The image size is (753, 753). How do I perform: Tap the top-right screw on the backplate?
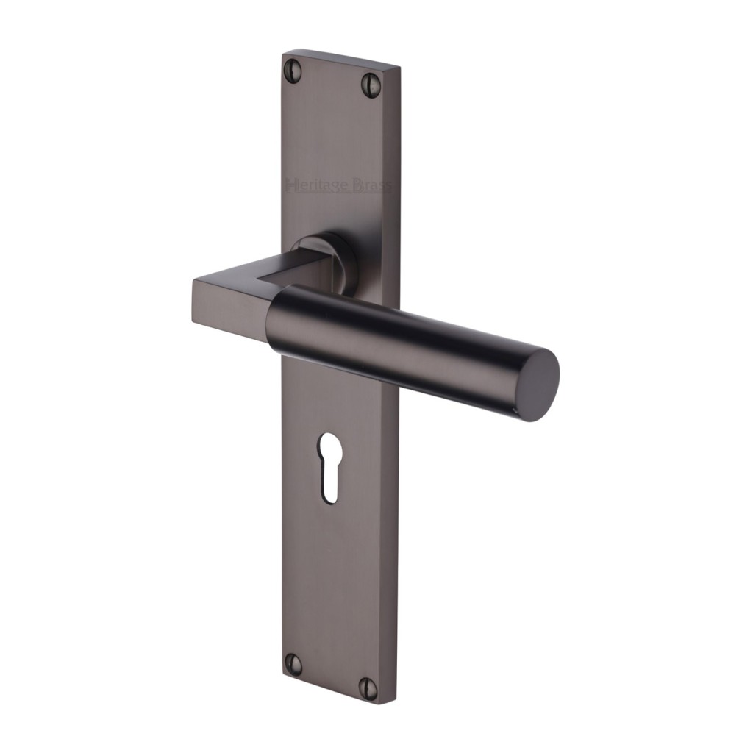(x=371, y=85)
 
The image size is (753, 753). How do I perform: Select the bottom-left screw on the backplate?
(x=293, y=663)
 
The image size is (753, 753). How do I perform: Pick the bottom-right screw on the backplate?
(x=368, y=687)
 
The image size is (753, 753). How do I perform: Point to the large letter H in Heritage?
(x=291, y=184)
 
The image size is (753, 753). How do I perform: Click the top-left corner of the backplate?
(x=284, y=53)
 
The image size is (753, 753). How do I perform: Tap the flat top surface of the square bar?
(x=243, y=274)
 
